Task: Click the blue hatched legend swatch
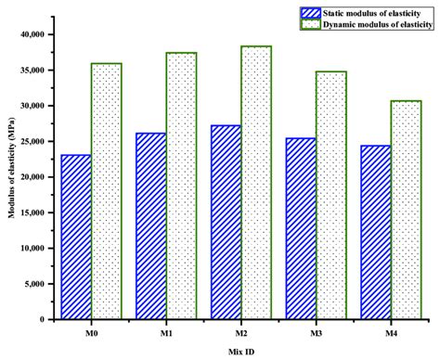pos(309,12)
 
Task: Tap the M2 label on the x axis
pos(240,329)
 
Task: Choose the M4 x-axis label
pos(390,329)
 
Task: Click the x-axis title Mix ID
pos(240,351)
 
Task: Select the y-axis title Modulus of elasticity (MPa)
pos(8,176)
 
